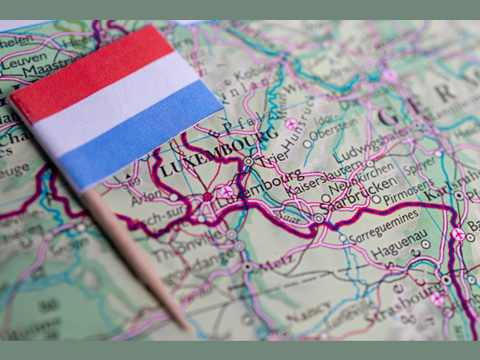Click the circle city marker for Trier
249,161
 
